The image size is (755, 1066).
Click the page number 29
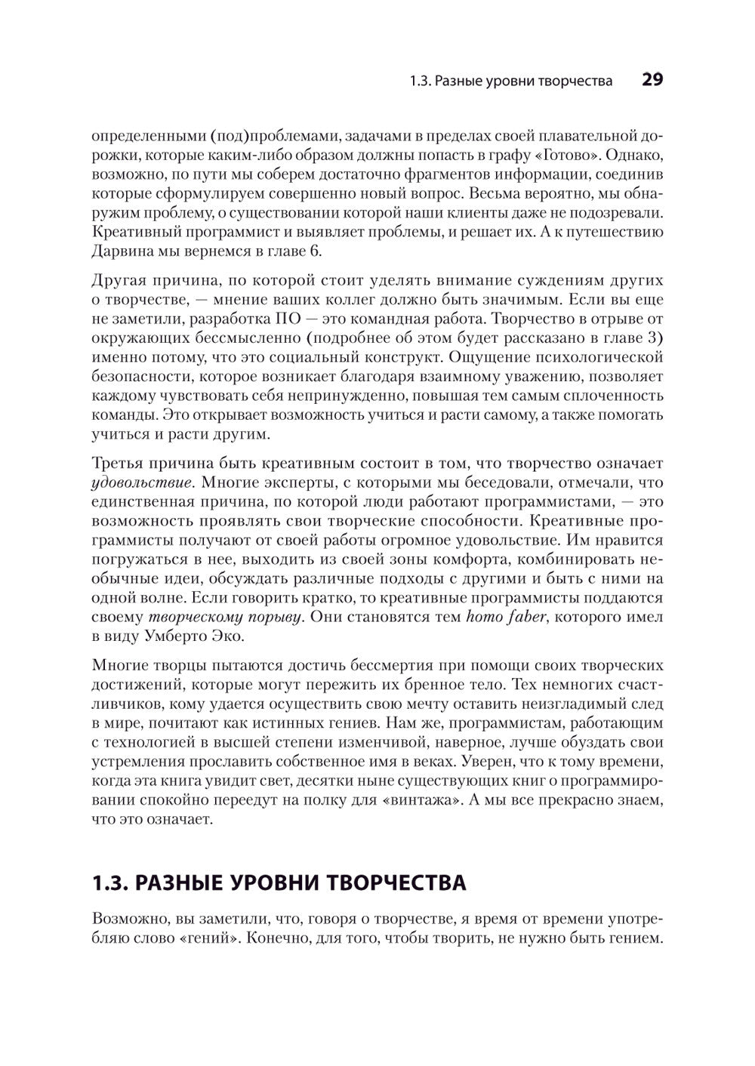[652, 80]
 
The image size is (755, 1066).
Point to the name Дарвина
[121, 251]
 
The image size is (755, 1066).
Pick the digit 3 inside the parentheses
[654, 337]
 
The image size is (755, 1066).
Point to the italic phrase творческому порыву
[220, 617]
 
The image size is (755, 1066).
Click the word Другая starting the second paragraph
[119, 281]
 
